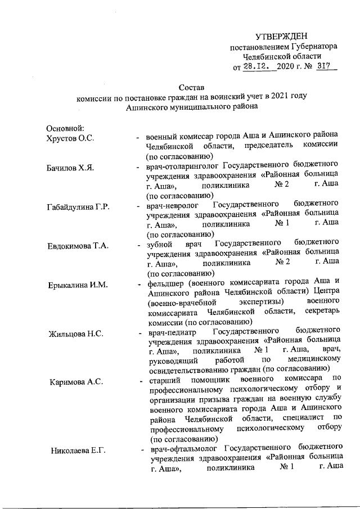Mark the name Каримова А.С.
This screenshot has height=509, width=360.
coord(74,382)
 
